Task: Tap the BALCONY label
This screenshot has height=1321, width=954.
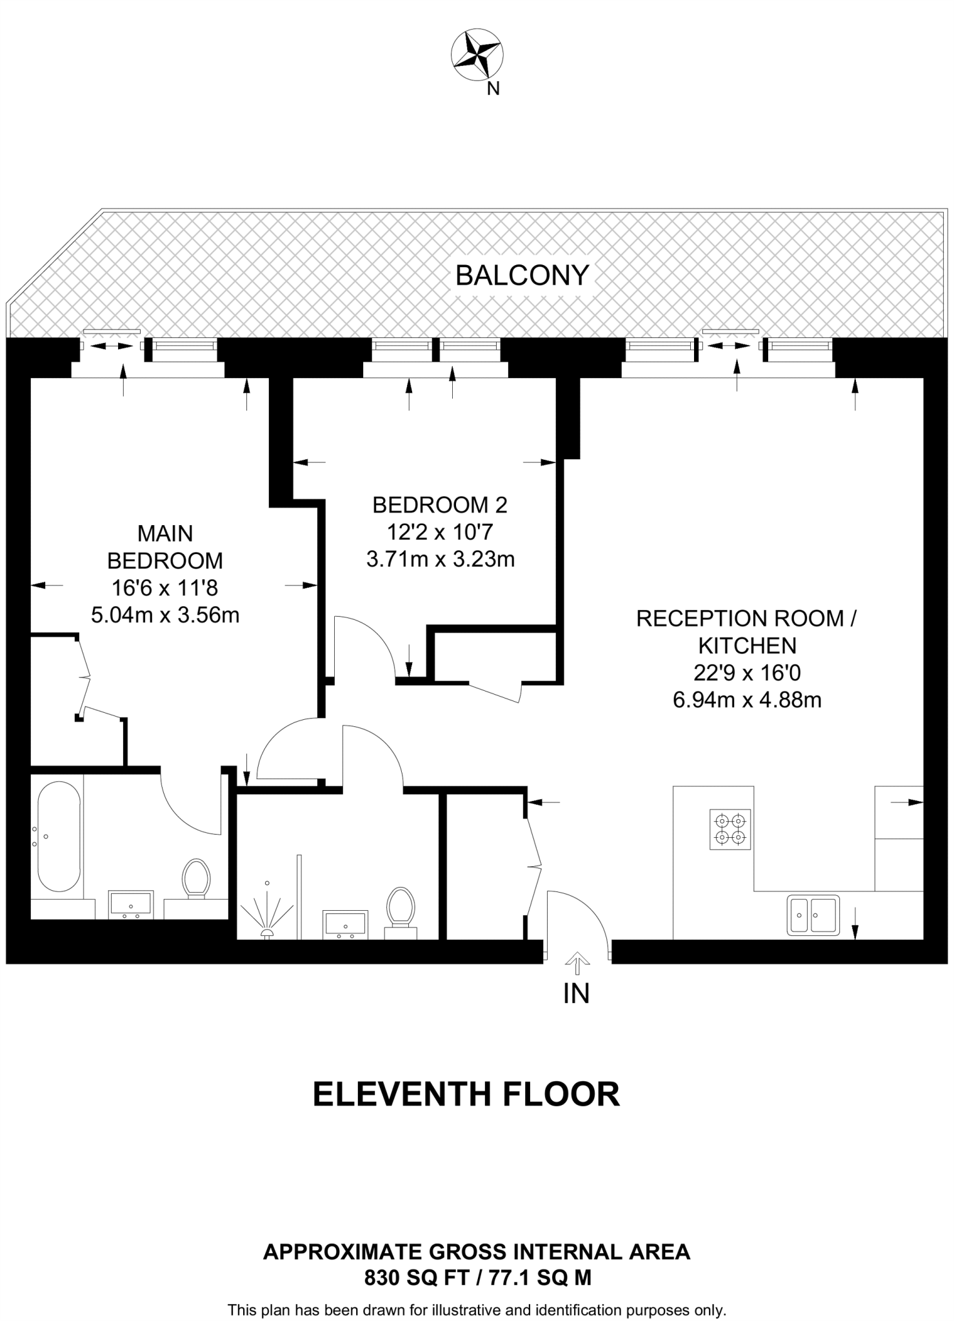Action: (522, 275)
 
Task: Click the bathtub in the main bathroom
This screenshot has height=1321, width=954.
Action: (59, 837)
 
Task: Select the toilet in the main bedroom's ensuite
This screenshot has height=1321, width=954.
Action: (196, 878)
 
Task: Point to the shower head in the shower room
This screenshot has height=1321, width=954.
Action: (266, 931)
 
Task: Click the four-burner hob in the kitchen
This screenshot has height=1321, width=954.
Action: (730, 829)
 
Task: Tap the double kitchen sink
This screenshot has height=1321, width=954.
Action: (812, 915)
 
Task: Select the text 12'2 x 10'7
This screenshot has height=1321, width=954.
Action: (440, 531)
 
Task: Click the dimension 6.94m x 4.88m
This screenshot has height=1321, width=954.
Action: (747, 700)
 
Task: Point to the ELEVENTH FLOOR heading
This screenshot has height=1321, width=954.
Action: (466, 1095)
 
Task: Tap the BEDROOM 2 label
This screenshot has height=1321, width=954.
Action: (440, 504)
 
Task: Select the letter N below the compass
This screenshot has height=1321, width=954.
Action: (493, 89)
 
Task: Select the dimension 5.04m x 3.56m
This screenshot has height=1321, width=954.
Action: (165, 615)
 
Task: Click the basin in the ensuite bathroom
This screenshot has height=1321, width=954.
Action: (131, 904)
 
